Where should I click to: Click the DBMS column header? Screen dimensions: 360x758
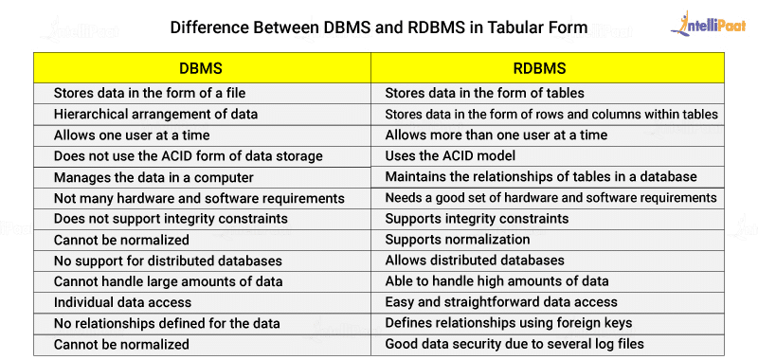[201, 68]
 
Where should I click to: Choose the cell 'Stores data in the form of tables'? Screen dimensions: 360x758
[484, 93]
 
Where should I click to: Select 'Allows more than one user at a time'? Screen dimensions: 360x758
[496, 135]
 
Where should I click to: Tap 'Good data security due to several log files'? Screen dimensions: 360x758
[509, 344]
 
